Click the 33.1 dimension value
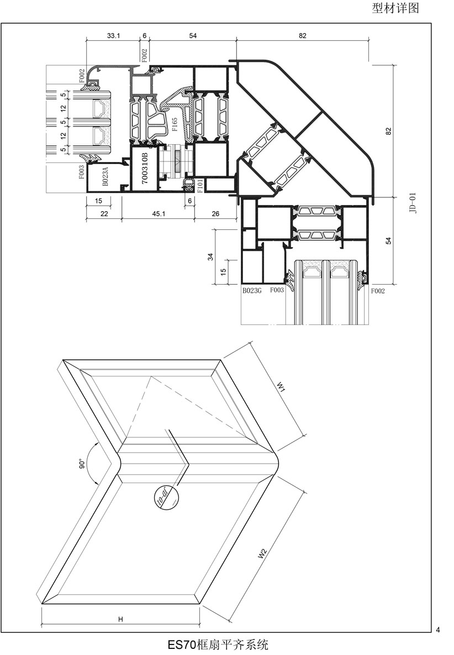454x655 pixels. click(113, 35)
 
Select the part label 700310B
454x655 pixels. click(145, 168)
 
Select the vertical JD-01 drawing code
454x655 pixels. click(419, 203)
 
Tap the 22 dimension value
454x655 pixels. click(103, 214)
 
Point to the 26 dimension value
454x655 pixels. click(215, 214)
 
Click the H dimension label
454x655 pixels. click(120, 620)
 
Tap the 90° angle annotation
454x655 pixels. click(81, 464)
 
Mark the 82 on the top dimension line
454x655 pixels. click(302, 35)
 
